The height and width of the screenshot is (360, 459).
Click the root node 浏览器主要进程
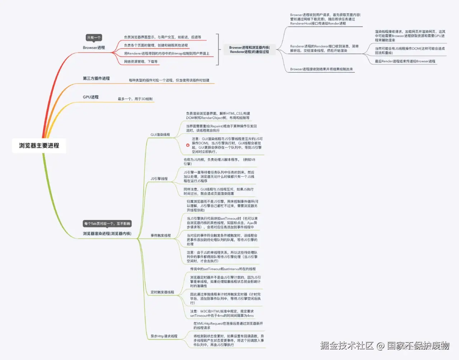tap(39, 146)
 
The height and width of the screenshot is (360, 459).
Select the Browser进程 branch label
tap(94, 48)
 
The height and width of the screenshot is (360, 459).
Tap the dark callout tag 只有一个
tap(94, 38)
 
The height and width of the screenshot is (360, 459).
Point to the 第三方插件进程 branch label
tap(96, 78)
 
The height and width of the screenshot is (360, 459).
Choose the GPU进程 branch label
tap(91, 97)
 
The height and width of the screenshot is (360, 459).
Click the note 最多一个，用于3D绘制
tap(135, 99)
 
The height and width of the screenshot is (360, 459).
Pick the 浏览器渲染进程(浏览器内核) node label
tap(107, 234)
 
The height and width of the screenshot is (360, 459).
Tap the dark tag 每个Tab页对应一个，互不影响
tap(107, 224)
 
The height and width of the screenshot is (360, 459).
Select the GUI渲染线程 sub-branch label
tap(160, 135)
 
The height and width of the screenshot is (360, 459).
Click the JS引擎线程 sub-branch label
tap(159, 179)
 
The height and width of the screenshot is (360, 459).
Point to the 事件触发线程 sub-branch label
tap(161, 236)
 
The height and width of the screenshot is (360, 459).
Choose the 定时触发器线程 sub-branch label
tap(162, 292)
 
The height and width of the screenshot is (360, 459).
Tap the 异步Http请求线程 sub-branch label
tap(164, 336)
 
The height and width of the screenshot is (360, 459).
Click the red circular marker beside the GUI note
tap(188, 145)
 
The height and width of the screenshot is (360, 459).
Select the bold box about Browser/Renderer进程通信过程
tap(249, 49)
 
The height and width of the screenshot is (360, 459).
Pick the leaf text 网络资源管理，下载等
tap(141, 62)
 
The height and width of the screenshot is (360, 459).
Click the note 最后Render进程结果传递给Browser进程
tap(405, 61)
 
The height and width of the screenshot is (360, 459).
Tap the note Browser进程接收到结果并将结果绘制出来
tap(321, 69)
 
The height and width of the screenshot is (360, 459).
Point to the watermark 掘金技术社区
tap(347, 345)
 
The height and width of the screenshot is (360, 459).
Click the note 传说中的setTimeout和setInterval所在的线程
tap(223, 269)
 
